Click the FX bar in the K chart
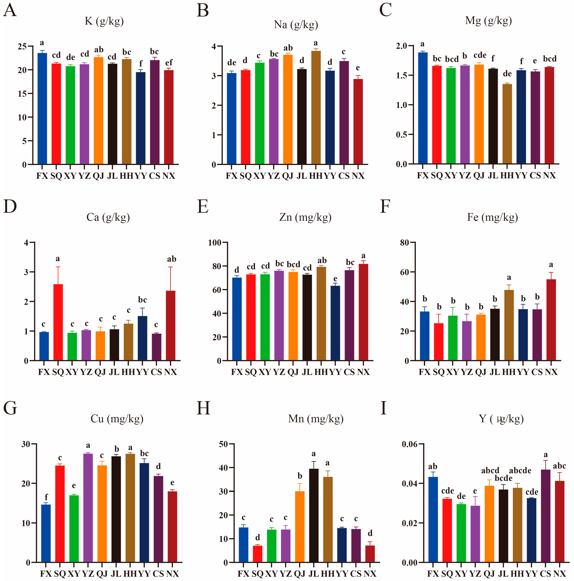pos(42,109)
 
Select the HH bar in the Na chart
pos(316,108)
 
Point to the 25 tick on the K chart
pos(22,46)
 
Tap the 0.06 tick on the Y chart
pos(411,444)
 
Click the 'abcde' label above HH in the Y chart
pos(520,470)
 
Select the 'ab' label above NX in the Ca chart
pos(172,259)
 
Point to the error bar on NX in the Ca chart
pos(171,279)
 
